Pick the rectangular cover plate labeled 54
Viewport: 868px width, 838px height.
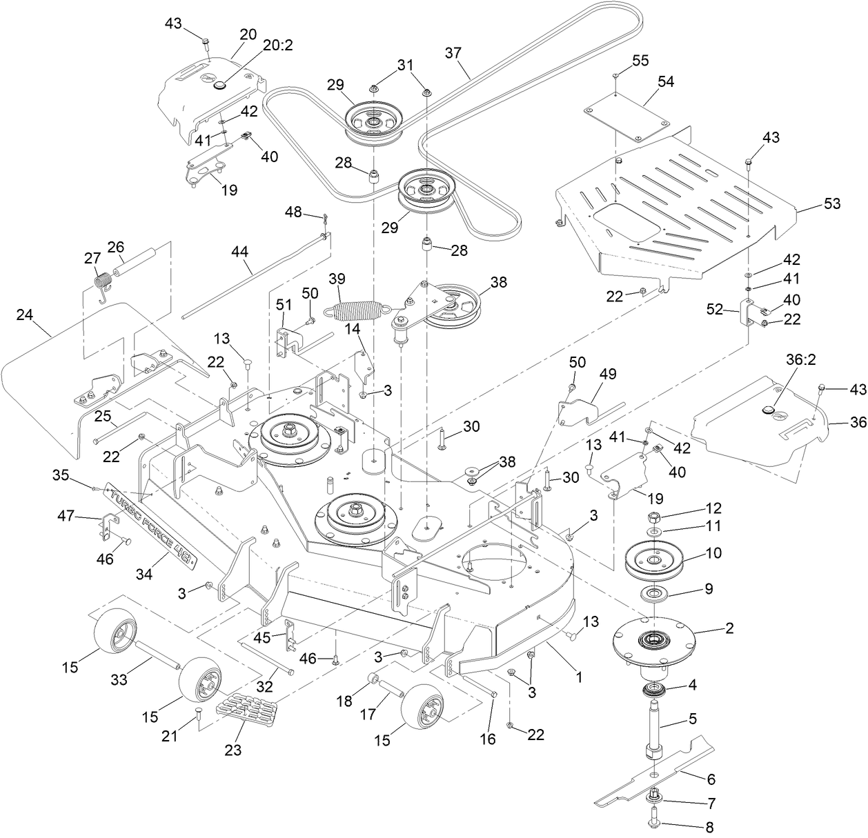point(627,122)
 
